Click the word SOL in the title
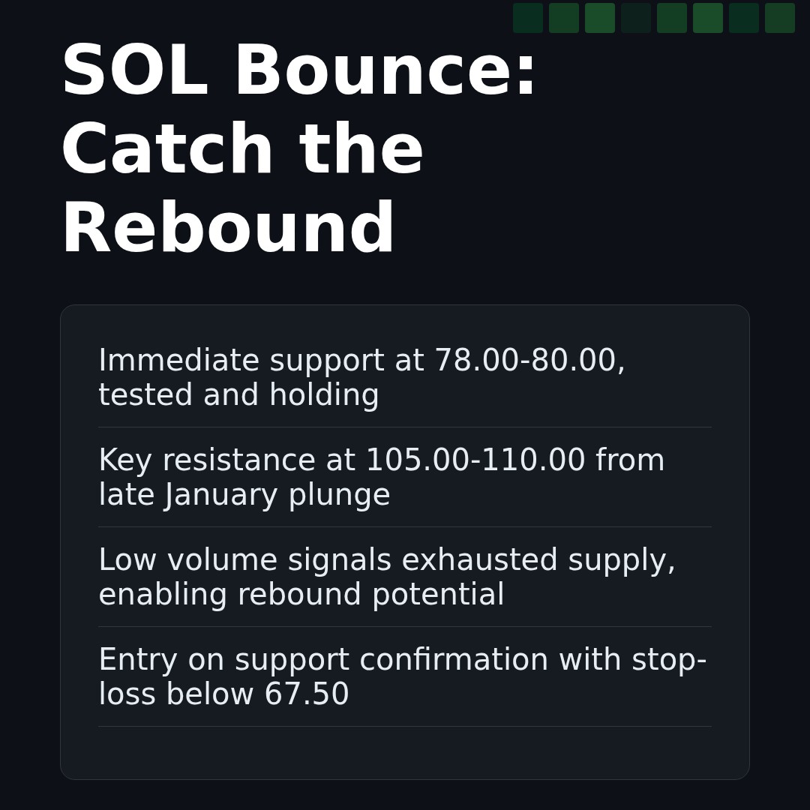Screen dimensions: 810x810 [x=134, y=73]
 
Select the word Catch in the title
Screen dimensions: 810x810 [x=167, y=151]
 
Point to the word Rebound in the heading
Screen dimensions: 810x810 [x=227, y=230]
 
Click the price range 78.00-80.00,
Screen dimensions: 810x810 [x=529, y=361]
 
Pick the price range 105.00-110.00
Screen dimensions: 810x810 [x=475, y=460]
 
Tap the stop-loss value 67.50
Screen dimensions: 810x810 [x=306, y=694]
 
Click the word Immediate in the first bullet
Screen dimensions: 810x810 [x=178, y=361]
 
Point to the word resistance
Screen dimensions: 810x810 [x=238, y=460]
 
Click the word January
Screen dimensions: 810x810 [x=211, y=495]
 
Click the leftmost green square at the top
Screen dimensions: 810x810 [x=528, y=18]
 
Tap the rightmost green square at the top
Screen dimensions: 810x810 [x=780, y=18]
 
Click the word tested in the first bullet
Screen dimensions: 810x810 [x=145, y=395]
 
